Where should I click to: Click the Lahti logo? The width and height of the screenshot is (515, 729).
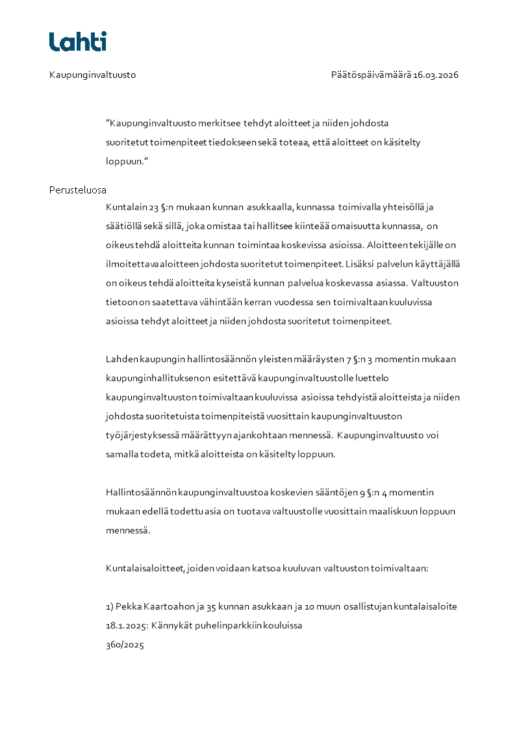(x=78, y=42)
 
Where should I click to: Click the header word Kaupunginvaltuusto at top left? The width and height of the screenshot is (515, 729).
(x=92, y=75)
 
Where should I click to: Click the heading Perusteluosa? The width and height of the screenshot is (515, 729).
(x=78, y=190)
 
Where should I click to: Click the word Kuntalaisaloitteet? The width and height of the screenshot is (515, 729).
(x=144, y=568)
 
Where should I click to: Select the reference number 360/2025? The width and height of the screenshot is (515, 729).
(x=125, y=645)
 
